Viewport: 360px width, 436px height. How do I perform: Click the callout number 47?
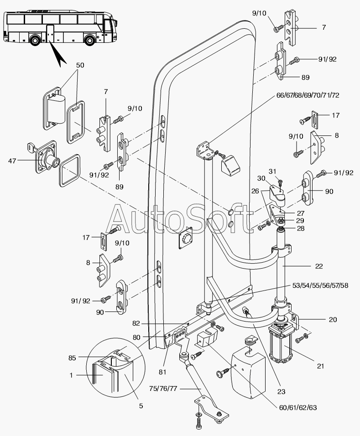[12, 161]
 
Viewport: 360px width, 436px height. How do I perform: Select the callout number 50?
[80, 65]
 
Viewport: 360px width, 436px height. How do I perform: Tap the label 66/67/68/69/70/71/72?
[308, 95]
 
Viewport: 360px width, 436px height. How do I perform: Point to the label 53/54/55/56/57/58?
[320, 285]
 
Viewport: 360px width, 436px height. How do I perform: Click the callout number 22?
[319, 266]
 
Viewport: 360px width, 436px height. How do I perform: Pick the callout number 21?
[320, 366]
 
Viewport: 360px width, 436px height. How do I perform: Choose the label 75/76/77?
[163, 389]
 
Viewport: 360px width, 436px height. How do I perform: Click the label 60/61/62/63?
[297, 408]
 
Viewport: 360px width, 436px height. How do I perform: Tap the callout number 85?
[72, 358]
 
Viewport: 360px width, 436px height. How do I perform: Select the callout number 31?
[272, 172]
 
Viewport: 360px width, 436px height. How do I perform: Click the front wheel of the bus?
[90, 40]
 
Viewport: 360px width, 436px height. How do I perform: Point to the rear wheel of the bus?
[35, 40]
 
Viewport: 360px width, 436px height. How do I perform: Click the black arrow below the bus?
[57, 54]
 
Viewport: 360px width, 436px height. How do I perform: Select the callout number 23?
[281, 391]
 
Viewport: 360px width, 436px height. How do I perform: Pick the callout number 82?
[136, 324]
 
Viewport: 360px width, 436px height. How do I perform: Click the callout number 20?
[333, 320]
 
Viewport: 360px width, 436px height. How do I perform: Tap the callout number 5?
[141, 406]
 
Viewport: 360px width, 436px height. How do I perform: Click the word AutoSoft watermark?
[178, 219]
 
